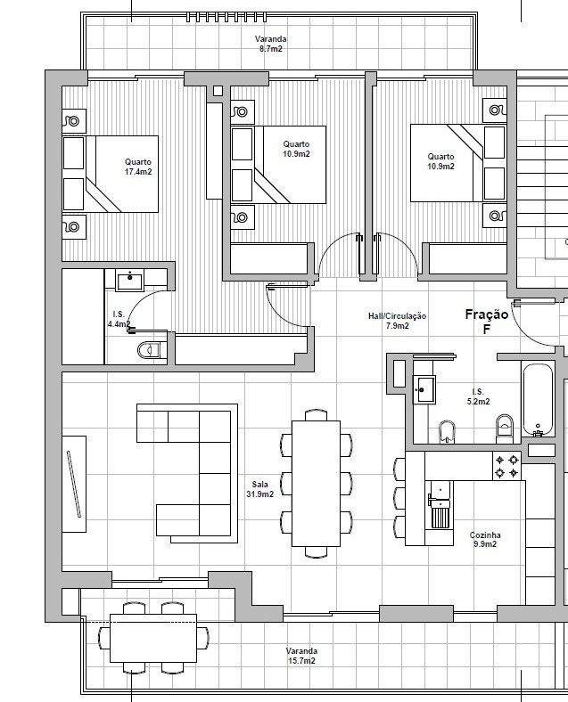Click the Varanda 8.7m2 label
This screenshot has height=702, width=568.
(x=270, y=44)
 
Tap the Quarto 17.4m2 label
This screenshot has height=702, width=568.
(x=138, y=167)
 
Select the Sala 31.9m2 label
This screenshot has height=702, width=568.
(x=259, y=489)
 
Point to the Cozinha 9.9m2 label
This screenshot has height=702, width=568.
(x=485, y=540)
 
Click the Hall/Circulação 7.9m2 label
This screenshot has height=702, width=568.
(x=398, y=321)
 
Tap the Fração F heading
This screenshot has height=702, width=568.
(x=487, y=322)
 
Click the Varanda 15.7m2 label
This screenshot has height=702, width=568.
(x=301, y=656)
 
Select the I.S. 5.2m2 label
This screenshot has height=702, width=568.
(x=479, y=396)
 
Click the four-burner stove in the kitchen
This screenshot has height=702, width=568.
(x=506, y=466)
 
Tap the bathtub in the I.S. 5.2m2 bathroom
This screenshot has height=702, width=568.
(x=538, y=400)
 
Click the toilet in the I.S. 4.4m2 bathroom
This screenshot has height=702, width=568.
(x=150, y=350)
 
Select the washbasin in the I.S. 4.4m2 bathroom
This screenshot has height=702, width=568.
(x=129, y=281)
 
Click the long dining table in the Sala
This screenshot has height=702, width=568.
(x=316, y=483)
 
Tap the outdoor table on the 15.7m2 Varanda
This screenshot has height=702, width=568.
(x=153, y=638)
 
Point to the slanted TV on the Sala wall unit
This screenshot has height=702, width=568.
(x=74, y=484)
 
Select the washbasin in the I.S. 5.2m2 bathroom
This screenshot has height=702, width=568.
(x=424, y=389)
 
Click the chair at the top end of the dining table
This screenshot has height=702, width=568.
(x=316, y=415)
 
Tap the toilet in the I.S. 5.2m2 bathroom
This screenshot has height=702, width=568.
(x=505, y=429)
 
